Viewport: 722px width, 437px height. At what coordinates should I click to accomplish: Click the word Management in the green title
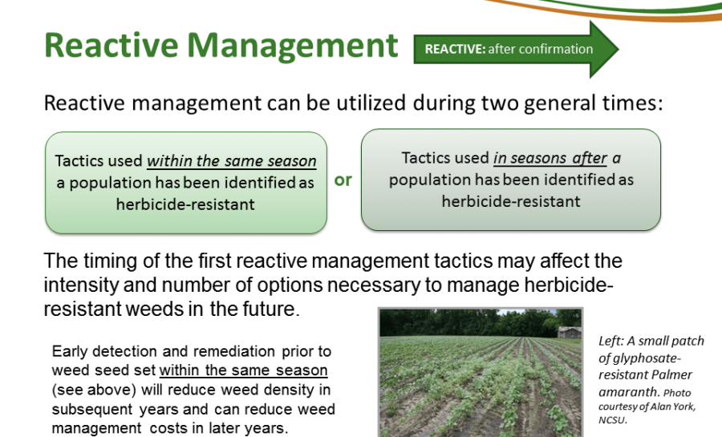click(x=292, y=47)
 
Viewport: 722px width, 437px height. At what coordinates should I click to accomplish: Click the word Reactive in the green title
click(x=111, y=45)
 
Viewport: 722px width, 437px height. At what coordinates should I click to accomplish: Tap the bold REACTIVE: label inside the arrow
click(x=455, y=49)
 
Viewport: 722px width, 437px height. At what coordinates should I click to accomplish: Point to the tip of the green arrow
click(x=619, y=49)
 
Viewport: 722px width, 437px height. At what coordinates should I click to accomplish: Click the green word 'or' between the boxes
click(x=343, y=180)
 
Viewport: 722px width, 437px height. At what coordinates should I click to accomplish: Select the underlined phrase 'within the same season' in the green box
click(x=232, y=161)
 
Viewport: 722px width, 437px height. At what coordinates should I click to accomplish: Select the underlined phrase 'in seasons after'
click(x=550, y=158)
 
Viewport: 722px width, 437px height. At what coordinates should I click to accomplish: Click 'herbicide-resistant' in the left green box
click(x=185, y=204)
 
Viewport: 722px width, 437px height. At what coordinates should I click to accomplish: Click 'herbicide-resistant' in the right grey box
click(x=511, y=201)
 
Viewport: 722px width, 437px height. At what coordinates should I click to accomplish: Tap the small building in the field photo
click(x=569, y=333)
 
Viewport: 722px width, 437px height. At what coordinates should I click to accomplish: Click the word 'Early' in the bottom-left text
click(x=70, y=352)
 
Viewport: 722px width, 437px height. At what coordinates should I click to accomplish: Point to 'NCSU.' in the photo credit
click(x=613, y=420)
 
